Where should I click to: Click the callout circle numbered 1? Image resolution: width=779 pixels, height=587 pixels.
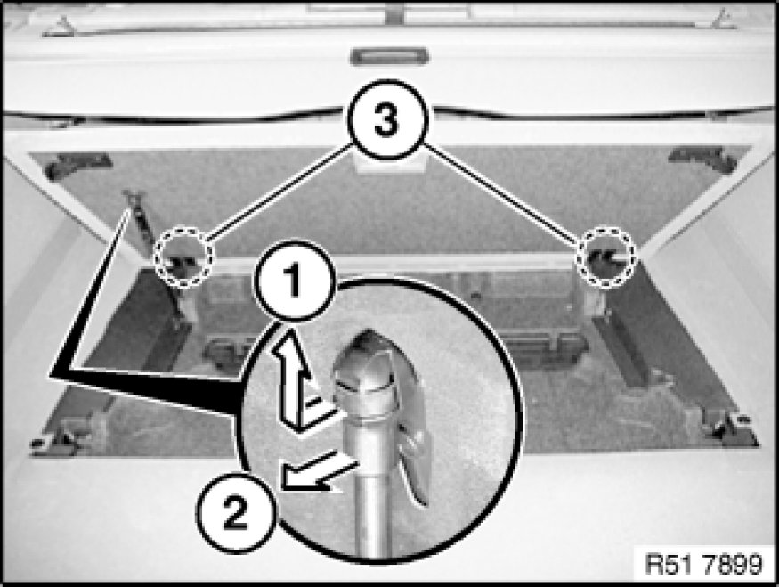295,281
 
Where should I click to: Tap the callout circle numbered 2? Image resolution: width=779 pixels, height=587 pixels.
236,512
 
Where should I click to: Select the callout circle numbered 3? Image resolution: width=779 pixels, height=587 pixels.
387,119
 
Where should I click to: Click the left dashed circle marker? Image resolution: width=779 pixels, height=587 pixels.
183,257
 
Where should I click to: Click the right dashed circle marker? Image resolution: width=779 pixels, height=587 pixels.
606,257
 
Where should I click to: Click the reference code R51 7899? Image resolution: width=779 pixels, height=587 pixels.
703,564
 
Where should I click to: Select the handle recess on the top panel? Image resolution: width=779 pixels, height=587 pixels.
390,56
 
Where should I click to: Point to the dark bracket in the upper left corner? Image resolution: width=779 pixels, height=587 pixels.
78,166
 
